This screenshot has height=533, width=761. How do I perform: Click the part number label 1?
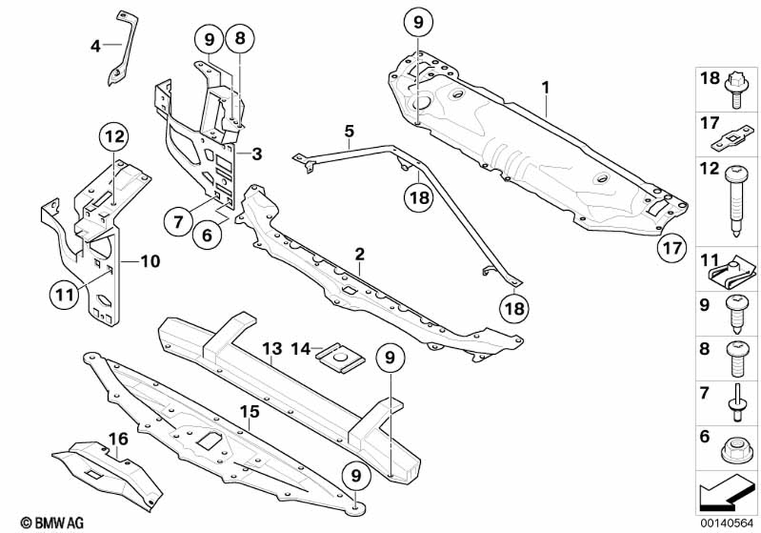point(546,88)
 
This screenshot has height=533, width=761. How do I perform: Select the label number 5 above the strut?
point(349,131)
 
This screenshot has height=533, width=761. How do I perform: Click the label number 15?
point(250,412)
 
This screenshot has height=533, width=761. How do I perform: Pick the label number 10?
point(150,261)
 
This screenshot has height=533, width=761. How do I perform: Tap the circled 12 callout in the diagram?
point(114,138)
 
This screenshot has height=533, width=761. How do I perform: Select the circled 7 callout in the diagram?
point(178,222)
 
